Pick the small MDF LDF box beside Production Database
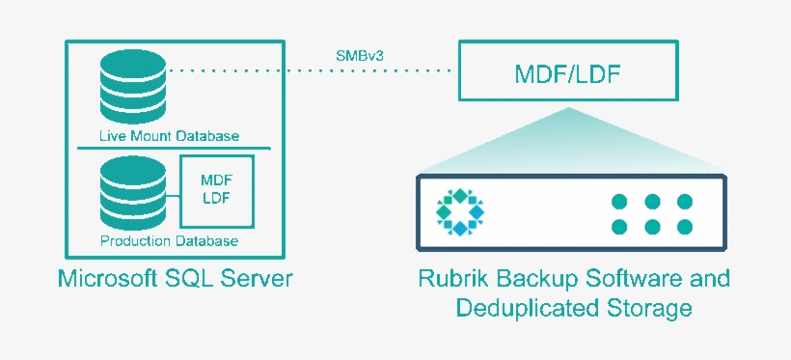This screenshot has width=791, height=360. [x=216, y=190]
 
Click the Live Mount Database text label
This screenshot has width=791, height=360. [x=169, y=136]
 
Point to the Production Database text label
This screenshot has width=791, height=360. [x=169, y=240]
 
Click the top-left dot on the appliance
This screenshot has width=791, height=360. [x=620, y=202]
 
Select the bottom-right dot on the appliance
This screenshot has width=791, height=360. [x=685, y=228]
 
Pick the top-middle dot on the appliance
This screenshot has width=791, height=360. [x=653, y=202]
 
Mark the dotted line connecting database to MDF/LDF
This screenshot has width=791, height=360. [x=309, y=70]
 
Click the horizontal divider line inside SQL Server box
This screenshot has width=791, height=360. [x=174, y=149]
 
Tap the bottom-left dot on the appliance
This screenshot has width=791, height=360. [x=620, y=228]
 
